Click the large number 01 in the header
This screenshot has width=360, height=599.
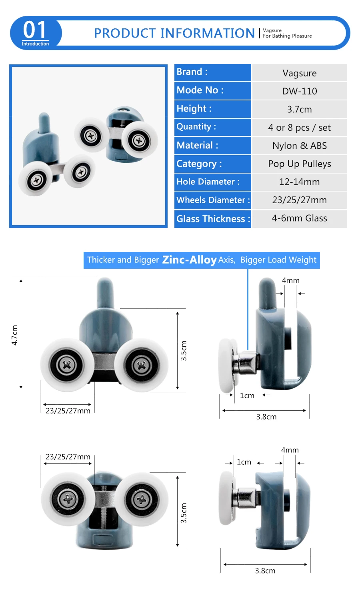(34, 30)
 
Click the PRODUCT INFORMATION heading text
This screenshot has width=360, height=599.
(174, 33)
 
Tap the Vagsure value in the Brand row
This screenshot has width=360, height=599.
(299, 73)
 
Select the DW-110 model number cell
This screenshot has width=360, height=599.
(300, 91)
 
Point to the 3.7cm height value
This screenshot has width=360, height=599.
(299, 110)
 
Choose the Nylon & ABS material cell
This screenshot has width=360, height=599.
(300, 146)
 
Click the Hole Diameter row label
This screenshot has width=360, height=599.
(208, 182)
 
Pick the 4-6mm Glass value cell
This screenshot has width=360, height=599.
(299, 218)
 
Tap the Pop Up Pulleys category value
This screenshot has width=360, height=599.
(300, 164)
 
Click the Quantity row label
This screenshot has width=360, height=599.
(196, 126)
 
